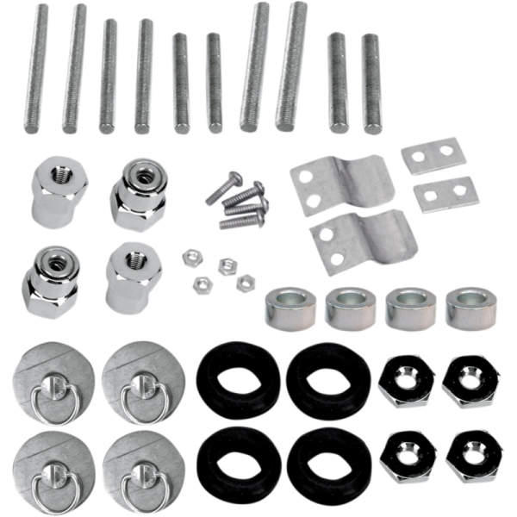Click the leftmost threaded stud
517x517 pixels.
pyautogui.click(x=36, y=67)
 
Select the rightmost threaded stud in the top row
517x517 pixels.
pyautogui.click(x=371, y=84)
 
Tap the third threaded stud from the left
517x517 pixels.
pyautogui.click(x=109, y=76)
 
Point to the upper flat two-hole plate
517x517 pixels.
pyautogui.click(x=433, y=155)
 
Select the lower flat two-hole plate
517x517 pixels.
pyautogui.click(x=445, y=194)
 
